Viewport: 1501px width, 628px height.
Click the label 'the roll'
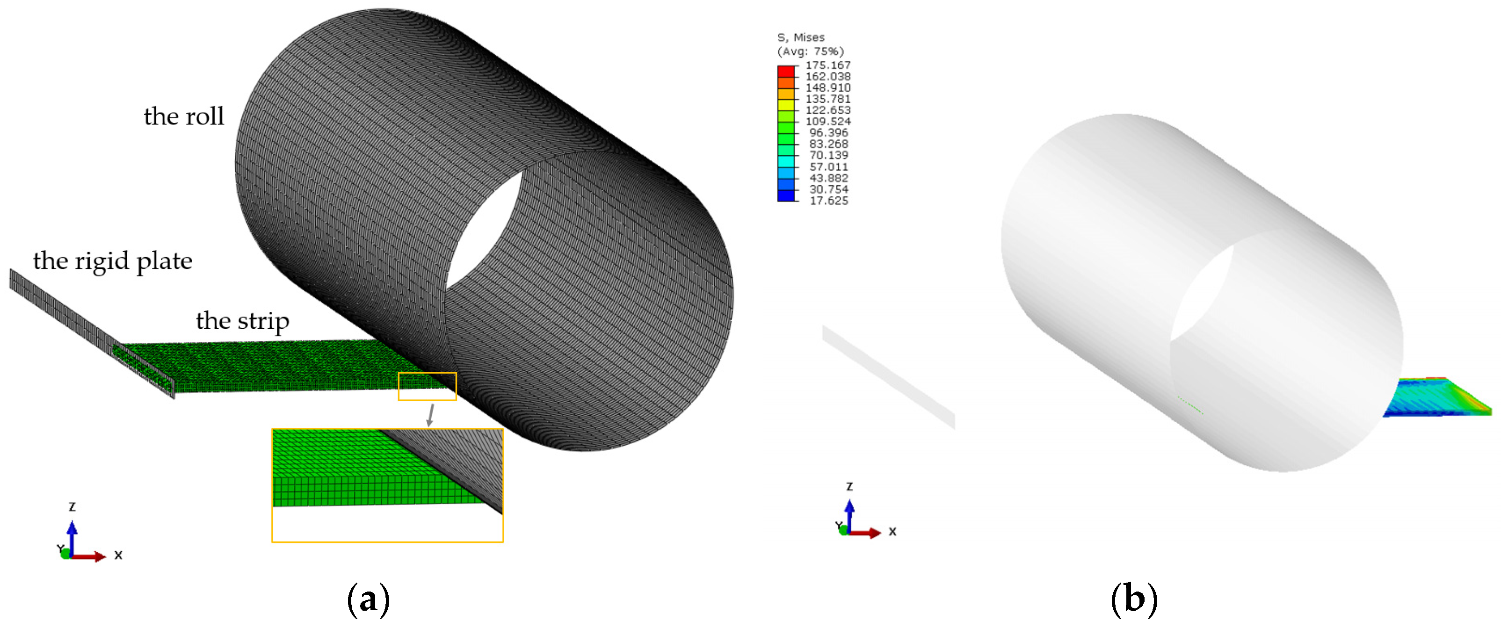tap(183, 116)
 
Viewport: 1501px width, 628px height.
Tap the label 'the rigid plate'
tap(112, 261)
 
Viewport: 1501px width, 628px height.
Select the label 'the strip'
tap(242, 321)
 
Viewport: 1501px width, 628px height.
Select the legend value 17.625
tap(828, 201)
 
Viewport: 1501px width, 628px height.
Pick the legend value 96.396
tap(828, 133)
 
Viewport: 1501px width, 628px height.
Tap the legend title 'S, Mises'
tap(801, 37)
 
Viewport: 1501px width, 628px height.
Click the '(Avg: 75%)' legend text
tap(810, 51)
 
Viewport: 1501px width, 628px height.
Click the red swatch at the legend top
tap(785, 71)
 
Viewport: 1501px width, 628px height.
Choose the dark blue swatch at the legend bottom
tap(785, 196)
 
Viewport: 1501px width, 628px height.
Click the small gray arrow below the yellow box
tap(431, 415)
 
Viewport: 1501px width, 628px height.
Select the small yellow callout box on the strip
tap(427, 386)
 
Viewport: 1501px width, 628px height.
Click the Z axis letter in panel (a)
tap(72, 507)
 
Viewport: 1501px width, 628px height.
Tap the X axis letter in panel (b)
tap(892, 531)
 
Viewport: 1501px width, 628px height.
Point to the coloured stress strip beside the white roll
tap(1433, 398)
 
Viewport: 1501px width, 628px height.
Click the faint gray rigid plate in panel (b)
tap(888, 377)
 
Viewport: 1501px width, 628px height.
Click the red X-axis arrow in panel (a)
tap(90, 556)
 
